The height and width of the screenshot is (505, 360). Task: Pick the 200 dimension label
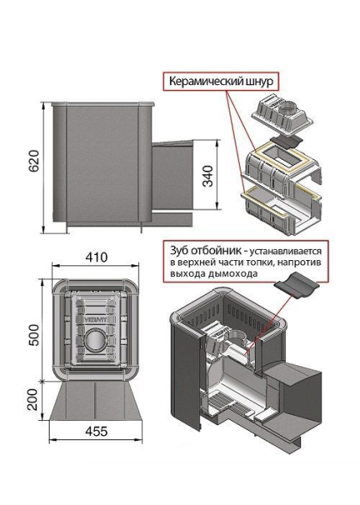[32, 400]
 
